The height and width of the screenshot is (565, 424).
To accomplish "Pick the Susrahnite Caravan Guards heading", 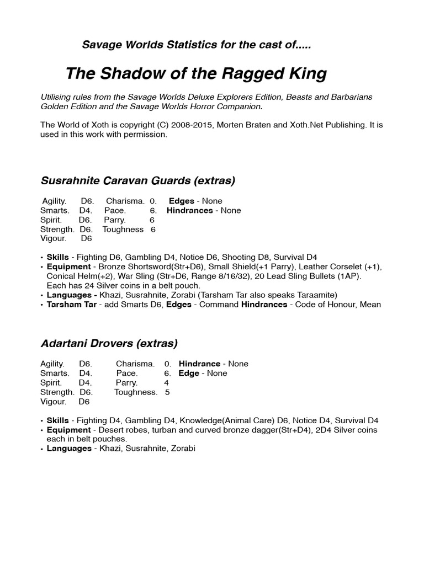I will tap(138, 180).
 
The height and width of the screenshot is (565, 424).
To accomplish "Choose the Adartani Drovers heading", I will tap(109, 343).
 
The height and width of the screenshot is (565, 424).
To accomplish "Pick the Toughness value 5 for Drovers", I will tap(167, 392).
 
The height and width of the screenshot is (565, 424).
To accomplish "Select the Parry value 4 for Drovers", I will tap(167, 382).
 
